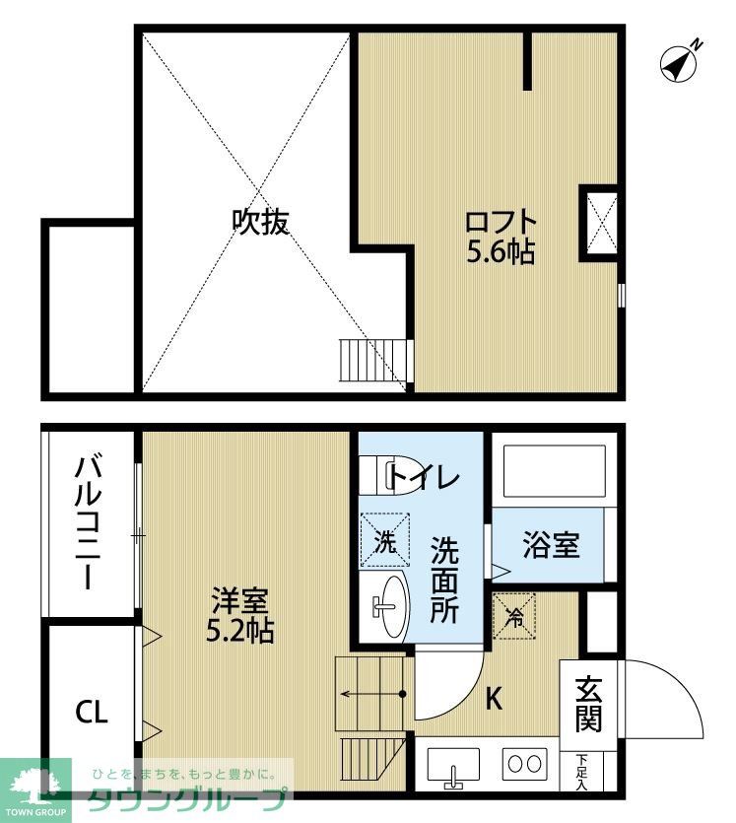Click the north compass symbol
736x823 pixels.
pos(679,62)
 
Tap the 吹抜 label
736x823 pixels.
pos(260,222)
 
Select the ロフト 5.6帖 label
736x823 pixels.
pos(501,237)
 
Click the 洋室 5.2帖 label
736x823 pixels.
pos(240,614)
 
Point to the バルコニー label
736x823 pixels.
pos(88,522)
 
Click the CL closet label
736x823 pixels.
pos(91,713)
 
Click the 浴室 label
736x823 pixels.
pos(551,546)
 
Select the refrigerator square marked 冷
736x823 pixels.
pos(514,616)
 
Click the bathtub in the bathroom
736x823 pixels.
pos(553,472)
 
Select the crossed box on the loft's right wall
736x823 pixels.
pos(601,221)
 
